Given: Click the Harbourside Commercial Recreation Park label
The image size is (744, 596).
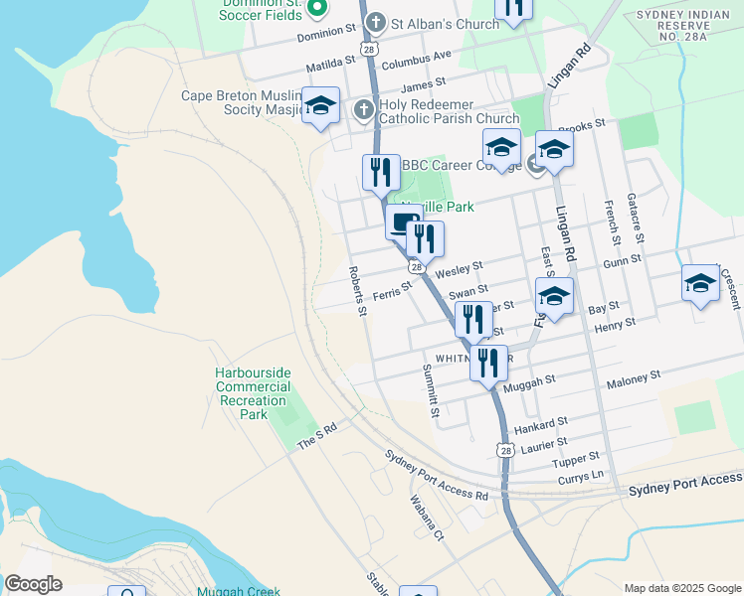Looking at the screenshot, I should click(253, 393).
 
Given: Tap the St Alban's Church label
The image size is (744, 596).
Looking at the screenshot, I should click(445, 23).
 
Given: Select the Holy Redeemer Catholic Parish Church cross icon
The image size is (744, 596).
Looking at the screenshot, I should click(364, 109).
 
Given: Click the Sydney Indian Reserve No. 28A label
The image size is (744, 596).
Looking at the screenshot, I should click(695, 29).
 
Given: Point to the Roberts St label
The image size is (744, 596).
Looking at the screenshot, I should click(357, 290).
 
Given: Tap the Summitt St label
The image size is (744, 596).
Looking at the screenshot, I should click(430, 390).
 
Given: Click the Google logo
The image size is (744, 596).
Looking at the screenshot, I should click(33, 584).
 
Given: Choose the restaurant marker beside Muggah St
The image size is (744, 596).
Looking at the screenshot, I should click(488, 363).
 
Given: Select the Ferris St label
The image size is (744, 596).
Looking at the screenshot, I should click(393, 290).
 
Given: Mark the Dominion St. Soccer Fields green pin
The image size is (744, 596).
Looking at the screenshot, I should click(317, 9).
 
